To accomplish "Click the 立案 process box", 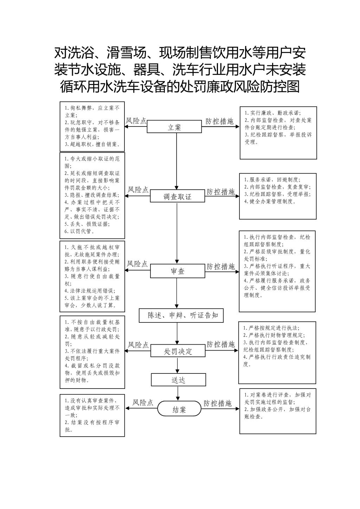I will click(x=174, y=127).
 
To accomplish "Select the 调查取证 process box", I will click(x=178, y=196).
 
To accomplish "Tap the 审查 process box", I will click(x=178, y=271).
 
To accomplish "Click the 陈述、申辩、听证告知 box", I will click(x=181, y=315).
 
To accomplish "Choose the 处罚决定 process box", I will click(x=178, y=351).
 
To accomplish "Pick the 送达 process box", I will click(x=178, y=380).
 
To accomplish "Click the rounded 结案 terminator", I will click(x=179, y=409).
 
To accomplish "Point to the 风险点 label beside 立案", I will click(x=136, y=121).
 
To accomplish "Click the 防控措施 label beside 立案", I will click(x=219, y=121).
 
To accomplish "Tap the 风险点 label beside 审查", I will click(x=137, y=264).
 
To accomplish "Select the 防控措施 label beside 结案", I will click(x=218, y=403).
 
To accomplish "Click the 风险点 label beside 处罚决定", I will click(x=138, y=345).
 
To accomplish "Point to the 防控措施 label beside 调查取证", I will click(x=220, y=191).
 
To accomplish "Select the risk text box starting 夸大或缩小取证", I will click(x=92, y=195).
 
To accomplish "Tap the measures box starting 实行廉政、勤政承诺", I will click(x=278, y=133).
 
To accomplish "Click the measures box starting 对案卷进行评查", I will click(x=278, y=411).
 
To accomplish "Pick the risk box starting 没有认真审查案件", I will click(x=92, y=415).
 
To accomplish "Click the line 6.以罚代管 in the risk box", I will click(x=79, y=231).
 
